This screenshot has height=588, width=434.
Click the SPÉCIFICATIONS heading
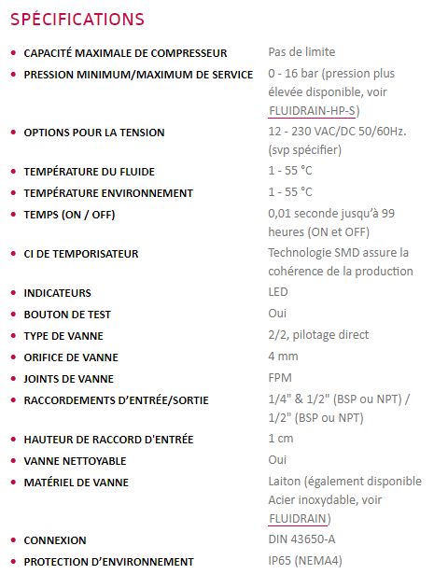[77, 20]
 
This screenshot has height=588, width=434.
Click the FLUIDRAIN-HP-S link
[312, 110]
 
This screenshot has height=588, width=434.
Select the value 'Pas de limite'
[301, 52]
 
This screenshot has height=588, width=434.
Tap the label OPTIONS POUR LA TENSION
[94, 133]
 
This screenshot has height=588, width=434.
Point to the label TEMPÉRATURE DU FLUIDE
[90, 172]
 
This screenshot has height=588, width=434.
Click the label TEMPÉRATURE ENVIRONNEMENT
[108, 193]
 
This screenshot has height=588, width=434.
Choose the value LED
[278, 293]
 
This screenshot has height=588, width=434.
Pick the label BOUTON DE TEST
[68, 315]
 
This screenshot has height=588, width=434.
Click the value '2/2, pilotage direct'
[318, 335]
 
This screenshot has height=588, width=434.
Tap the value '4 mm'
[283, 357]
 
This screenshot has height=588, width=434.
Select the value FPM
[280, 378]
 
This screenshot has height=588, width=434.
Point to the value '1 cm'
[282, 439]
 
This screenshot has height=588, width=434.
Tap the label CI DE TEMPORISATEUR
[81, 254]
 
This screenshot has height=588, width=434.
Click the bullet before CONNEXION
[11, 540]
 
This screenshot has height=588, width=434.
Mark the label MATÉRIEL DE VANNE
[77, 483]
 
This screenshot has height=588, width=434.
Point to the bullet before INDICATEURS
[11, 293]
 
